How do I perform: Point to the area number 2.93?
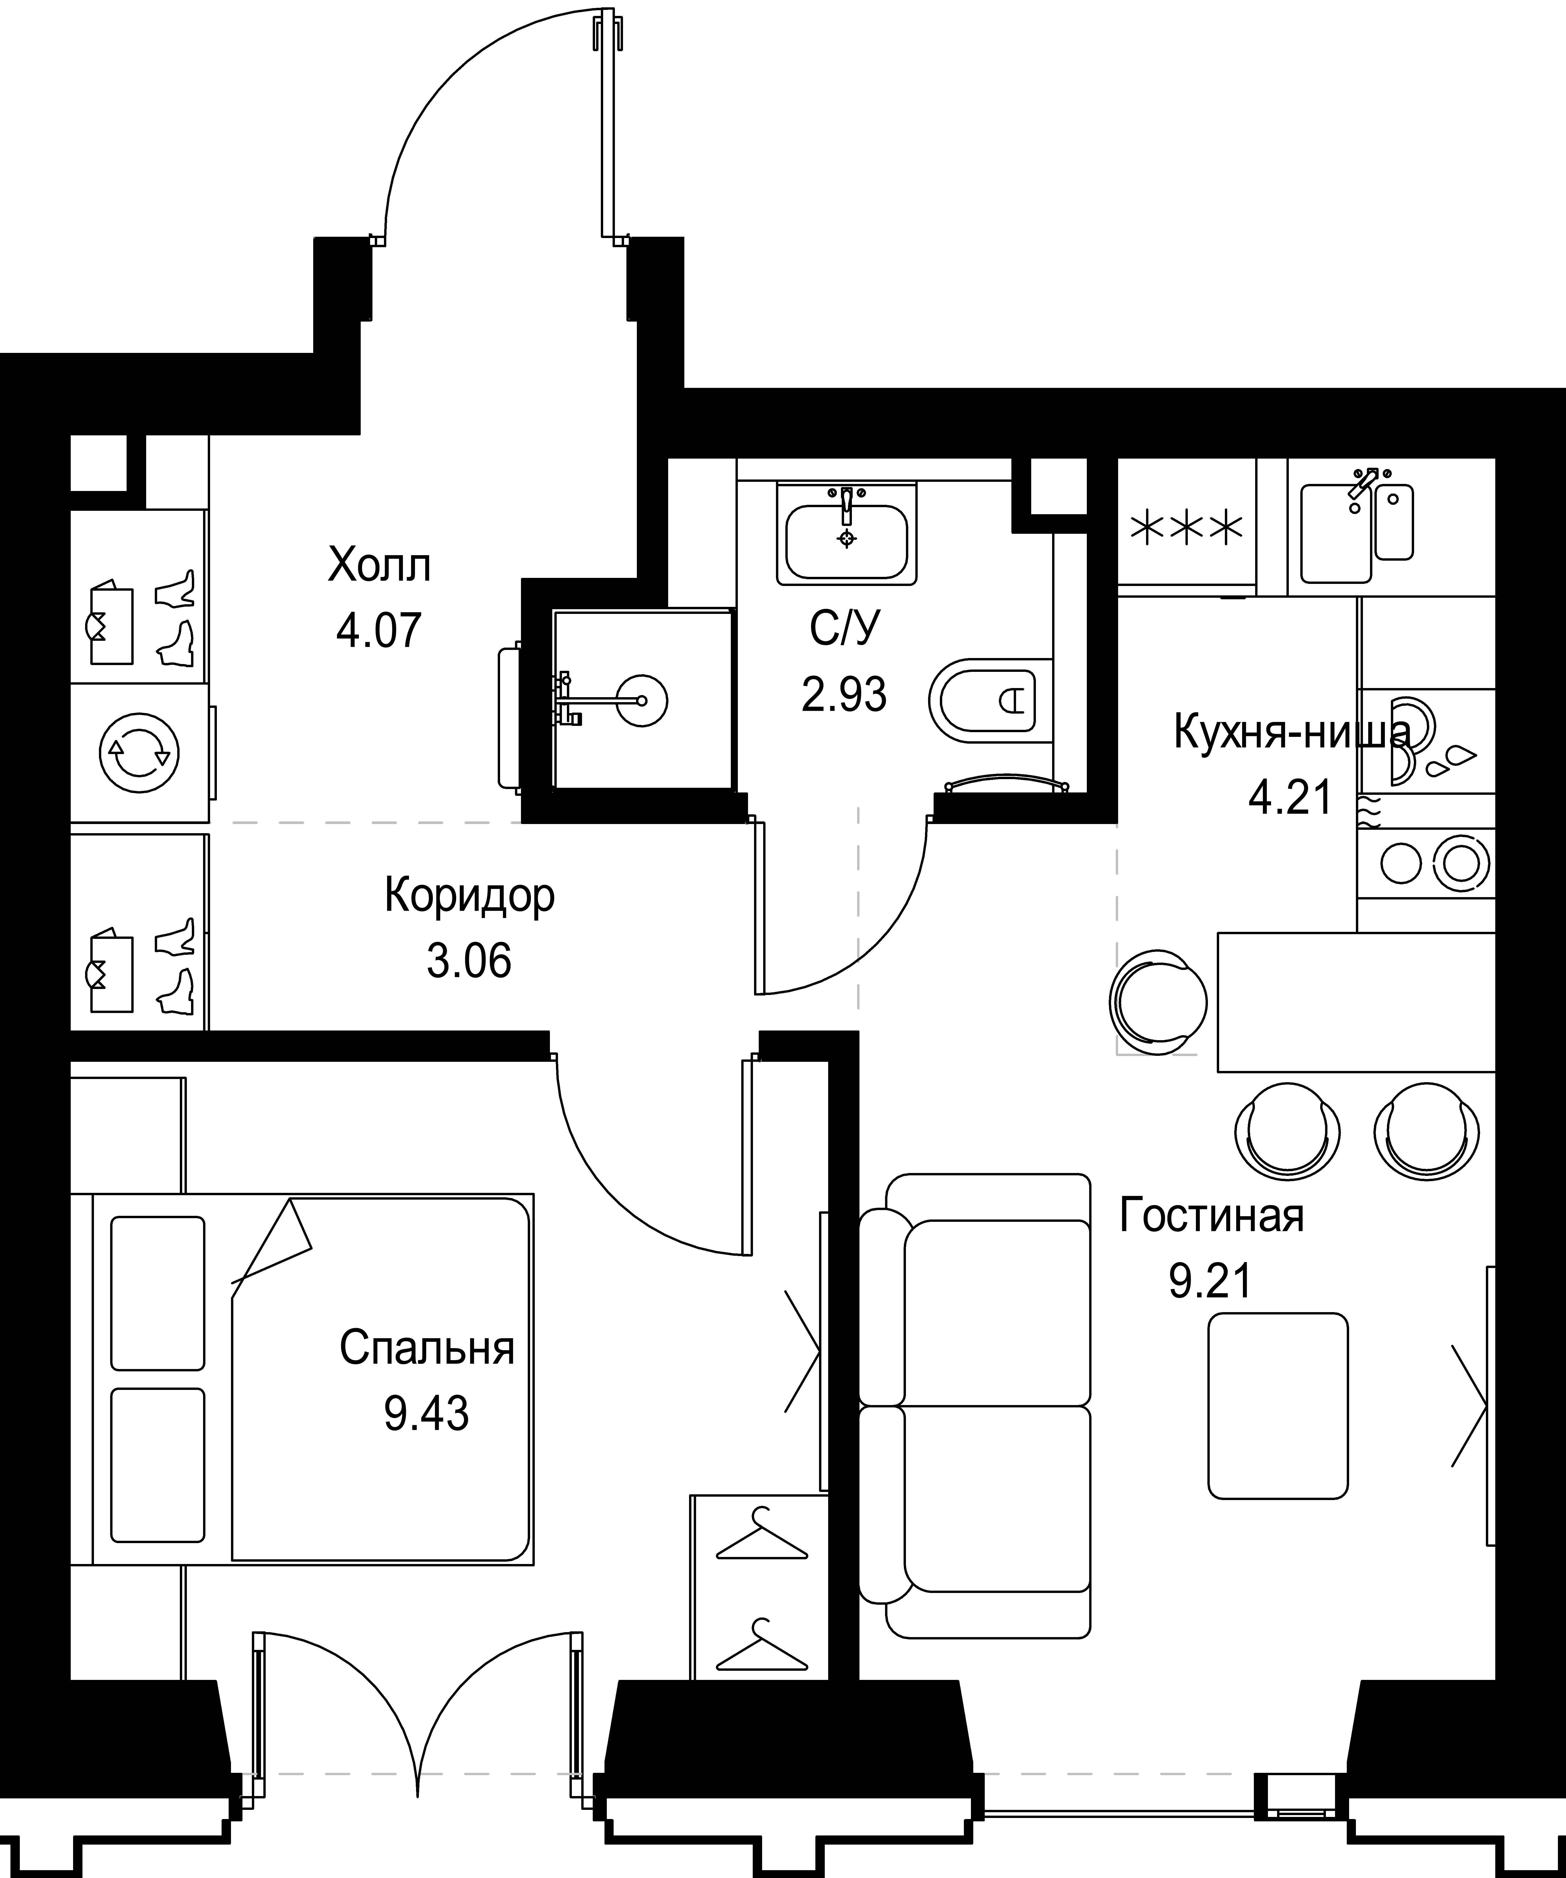(844, 694)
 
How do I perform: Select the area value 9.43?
(426, 1414)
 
